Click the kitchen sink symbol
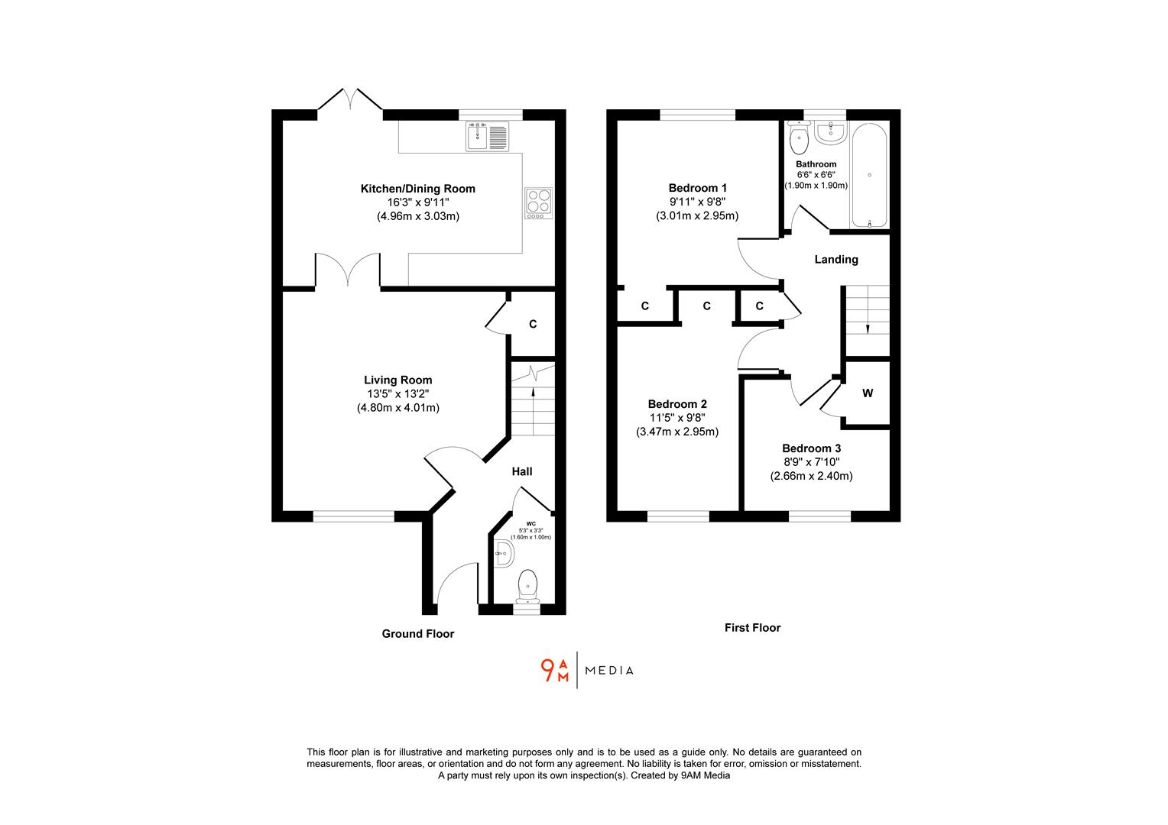tap(487, 136)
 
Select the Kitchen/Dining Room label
tap(417, 189)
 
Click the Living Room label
tap(397, 380)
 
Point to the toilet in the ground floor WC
tap(527, 584)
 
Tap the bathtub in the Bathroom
tap(869, 177)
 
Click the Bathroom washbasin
tap(829, 133)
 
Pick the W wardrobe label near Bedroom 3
tap(868, 393)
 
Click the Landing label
tap(835, 260)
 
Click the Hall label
tap(522, 471)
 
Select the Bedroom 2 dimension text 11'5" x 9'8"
tap(677, 418)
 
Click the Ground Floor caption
tap(417, 633)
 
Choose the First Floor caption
tap(752, 628)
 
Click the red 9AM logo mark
tap(555, 670)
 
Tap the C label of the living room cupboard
tap(533, 324)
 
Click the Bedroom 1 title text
tap(697, 188)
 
